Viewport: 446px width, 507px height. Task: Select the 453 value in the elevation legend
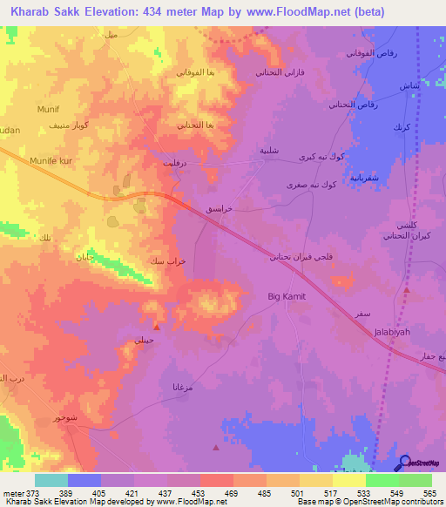pyautogui.click(x=199, y=493)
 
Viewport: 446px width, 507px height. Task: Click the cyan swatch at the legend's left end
pyautogui.click(x=51, y=480)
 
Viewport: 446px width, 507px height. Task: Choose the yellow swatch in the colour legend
pyautogui.click(x=348, y=480)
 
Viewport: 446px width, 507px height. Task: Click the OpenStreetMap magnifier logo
pyautogui.click(x=404, y=464)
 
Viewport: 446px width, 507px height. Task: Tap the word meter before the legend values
pyautogui.click(x=13, y=493)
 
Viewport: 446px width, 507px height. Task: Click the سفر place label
pyautogui.click(x=359, y=311)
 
